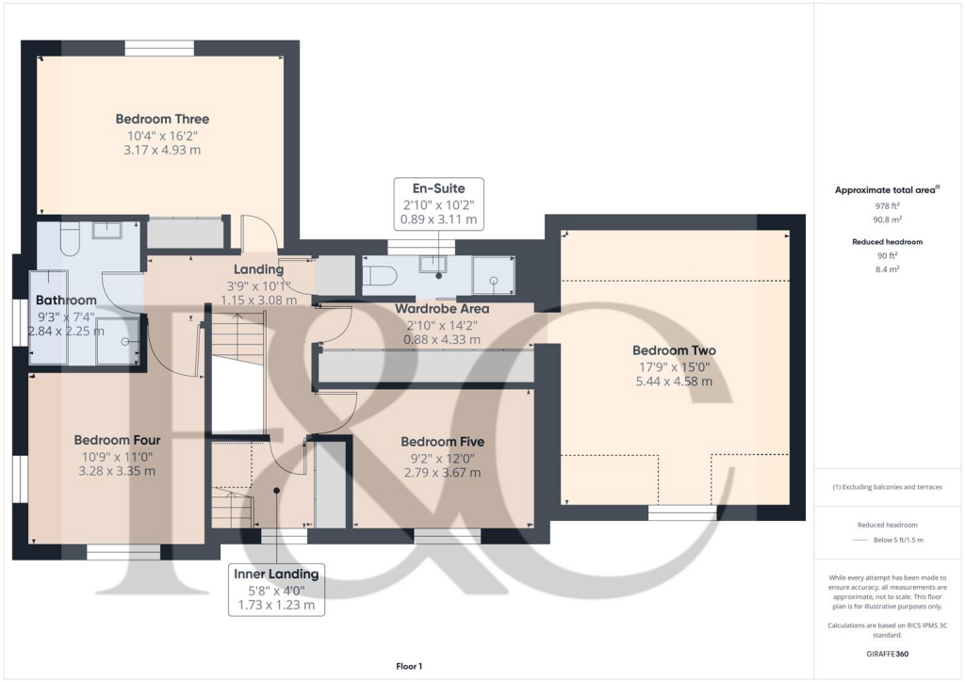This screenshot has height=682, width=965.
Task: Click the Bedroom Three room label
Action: [x=162, y=120]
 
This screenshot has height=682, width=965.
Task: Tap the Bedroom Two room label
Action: [x=674, y=350]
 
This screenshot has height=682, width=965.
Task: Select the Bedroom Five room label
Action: [x=442, y=442]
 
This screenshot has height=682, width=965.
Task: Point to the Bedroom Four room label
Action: [x=117, y=440]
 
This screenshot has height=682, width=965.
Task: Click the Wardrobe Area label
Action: [x=441, y=308]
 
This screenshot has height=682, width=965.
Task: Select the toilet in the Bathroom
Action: [x=69, y=242]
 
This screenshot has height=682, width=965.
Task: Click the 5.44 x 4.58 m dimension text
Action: [x=673, y=382]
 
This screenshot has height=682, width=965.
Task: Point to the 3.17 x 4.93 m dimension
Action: [x=162, y=150]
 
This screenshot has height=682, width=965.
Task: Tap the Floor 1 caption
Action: [x=409, y=667]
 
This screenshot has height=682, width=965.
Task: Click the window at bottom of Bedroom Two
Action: [x=682, y=512]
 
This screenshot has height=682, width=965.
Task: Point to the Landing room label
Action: [x=258, y=270]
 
